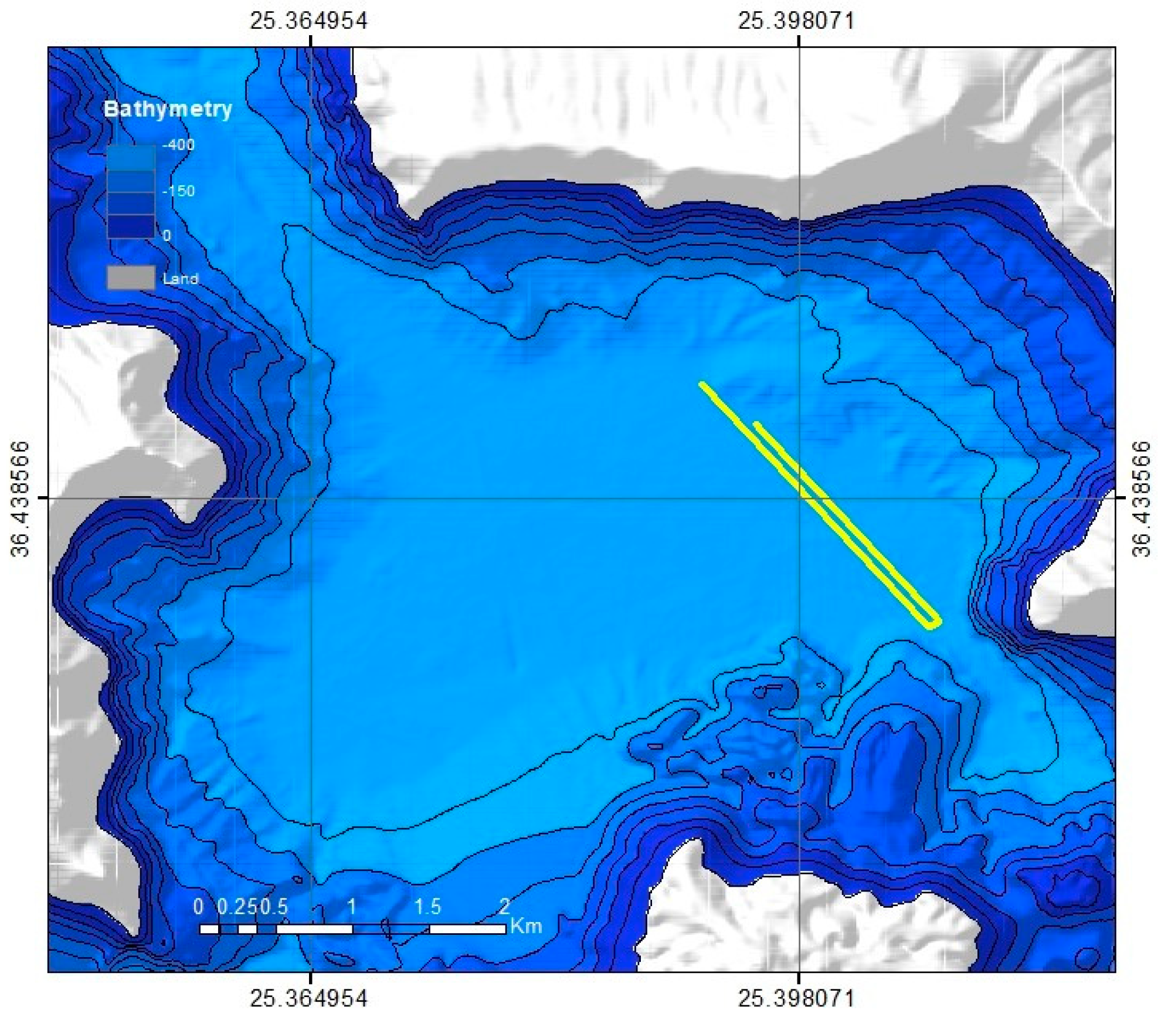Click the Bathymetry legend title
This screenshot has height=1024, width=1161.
point(168,109)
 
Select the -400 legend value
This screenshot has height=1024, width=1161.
point(178,145)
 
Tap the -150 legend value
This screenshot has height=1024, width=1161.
point(178,191)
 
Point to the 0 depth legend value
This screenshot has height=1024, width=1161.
point(167,235)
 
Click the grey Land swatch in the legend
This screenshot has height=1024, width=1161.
point(131,277)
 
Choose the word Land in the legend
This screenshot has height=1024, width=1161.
point(181,278)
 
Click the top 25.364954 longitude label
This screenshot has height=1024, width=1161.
point(308,21)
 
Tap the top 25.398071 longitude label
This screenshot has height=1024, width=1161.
point(796,21)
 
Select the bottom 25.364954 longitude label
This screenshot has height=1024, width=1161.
point(308,998)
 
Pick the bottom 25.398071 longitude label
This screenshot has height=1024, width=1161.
point(796,998)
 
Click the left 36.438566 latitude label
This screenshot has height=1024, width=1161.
point(21,499)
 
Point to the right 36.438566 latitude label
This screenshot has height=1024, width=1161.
point(1141,499)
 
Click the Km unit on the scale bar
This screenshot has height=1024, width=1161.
point(526,926)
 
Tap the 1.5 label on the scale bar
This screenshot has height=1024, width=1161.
point(427,907)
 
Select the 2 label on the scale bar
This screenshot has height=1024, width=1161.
point(504,907)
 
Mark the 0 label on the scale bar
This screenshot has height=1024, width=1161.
point(199,907)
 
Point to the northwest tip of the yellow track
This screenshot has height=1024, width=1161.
point(703,385)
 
